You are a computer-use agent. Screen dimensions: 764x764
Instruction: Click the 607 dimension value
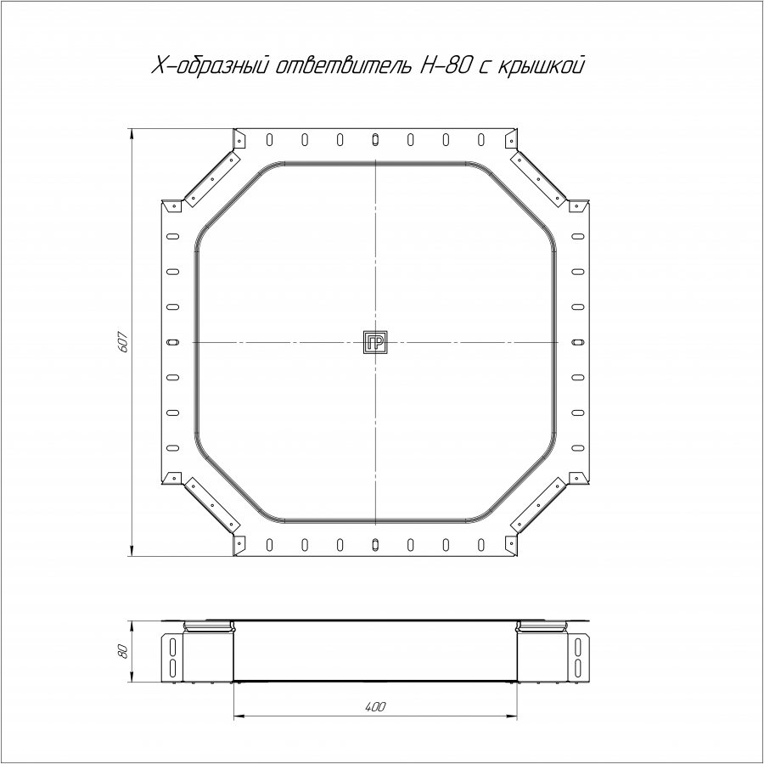[x=124, y=342]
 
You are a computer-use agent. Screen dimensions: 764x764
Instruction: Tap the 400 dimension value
[x=375, y=707]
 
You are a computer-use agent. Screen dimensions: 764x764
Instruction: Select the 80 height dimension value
[x=124, y=651]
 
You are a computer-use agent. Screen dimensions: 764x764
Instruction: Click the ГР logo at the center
[x=375, y=343]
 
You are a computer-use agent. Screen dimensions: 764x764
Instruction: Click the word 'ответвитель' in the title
[x=344, y=65]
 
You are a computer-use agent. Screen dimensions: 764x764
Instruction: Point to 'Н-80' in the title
[x=443, y=65]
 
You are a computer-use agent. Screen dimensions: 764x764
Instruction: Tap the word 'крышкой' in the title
[x=541, y=65]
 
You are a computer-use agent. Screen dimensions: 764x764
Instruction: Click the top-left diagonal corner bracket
[x=212, y=179]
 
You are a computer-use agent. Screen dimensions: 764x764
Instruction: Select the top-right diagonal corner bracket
[x=538, y=179]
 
